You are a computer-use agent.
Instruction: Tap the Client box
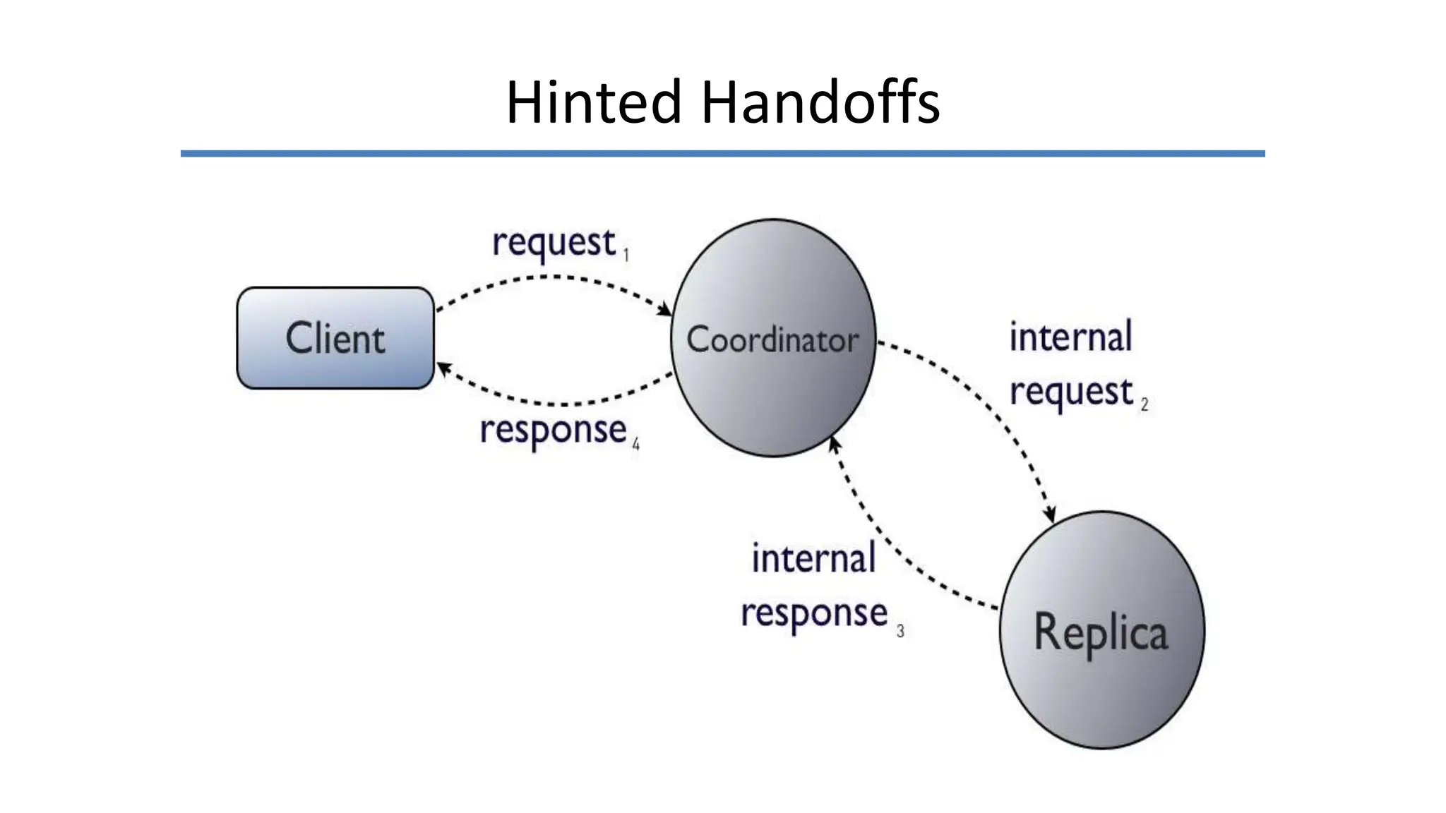point(335,338)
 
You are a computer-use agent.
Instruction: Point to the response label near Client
point(553,430)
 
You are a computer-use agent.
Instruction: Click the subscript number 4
point(635,445)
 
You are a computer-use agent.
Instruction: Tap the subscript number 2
point(1145,404)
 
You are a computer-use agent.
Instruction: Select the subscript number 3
point(900,631)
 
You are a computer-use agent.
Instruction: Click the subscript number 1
point(626,254)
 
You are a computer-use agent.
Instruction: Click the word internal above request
point(1070,337)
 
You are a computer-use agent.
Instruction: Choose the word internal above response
point(813,559)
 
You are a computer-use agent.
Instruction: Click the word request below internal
point(1071,392)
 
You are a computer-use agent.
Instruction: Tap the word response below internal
point(813,613)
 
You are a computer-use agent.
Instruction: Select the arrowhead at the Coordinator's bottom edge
point(835,444)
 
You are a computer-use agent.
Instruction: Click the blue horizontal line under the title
point(722,153)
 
